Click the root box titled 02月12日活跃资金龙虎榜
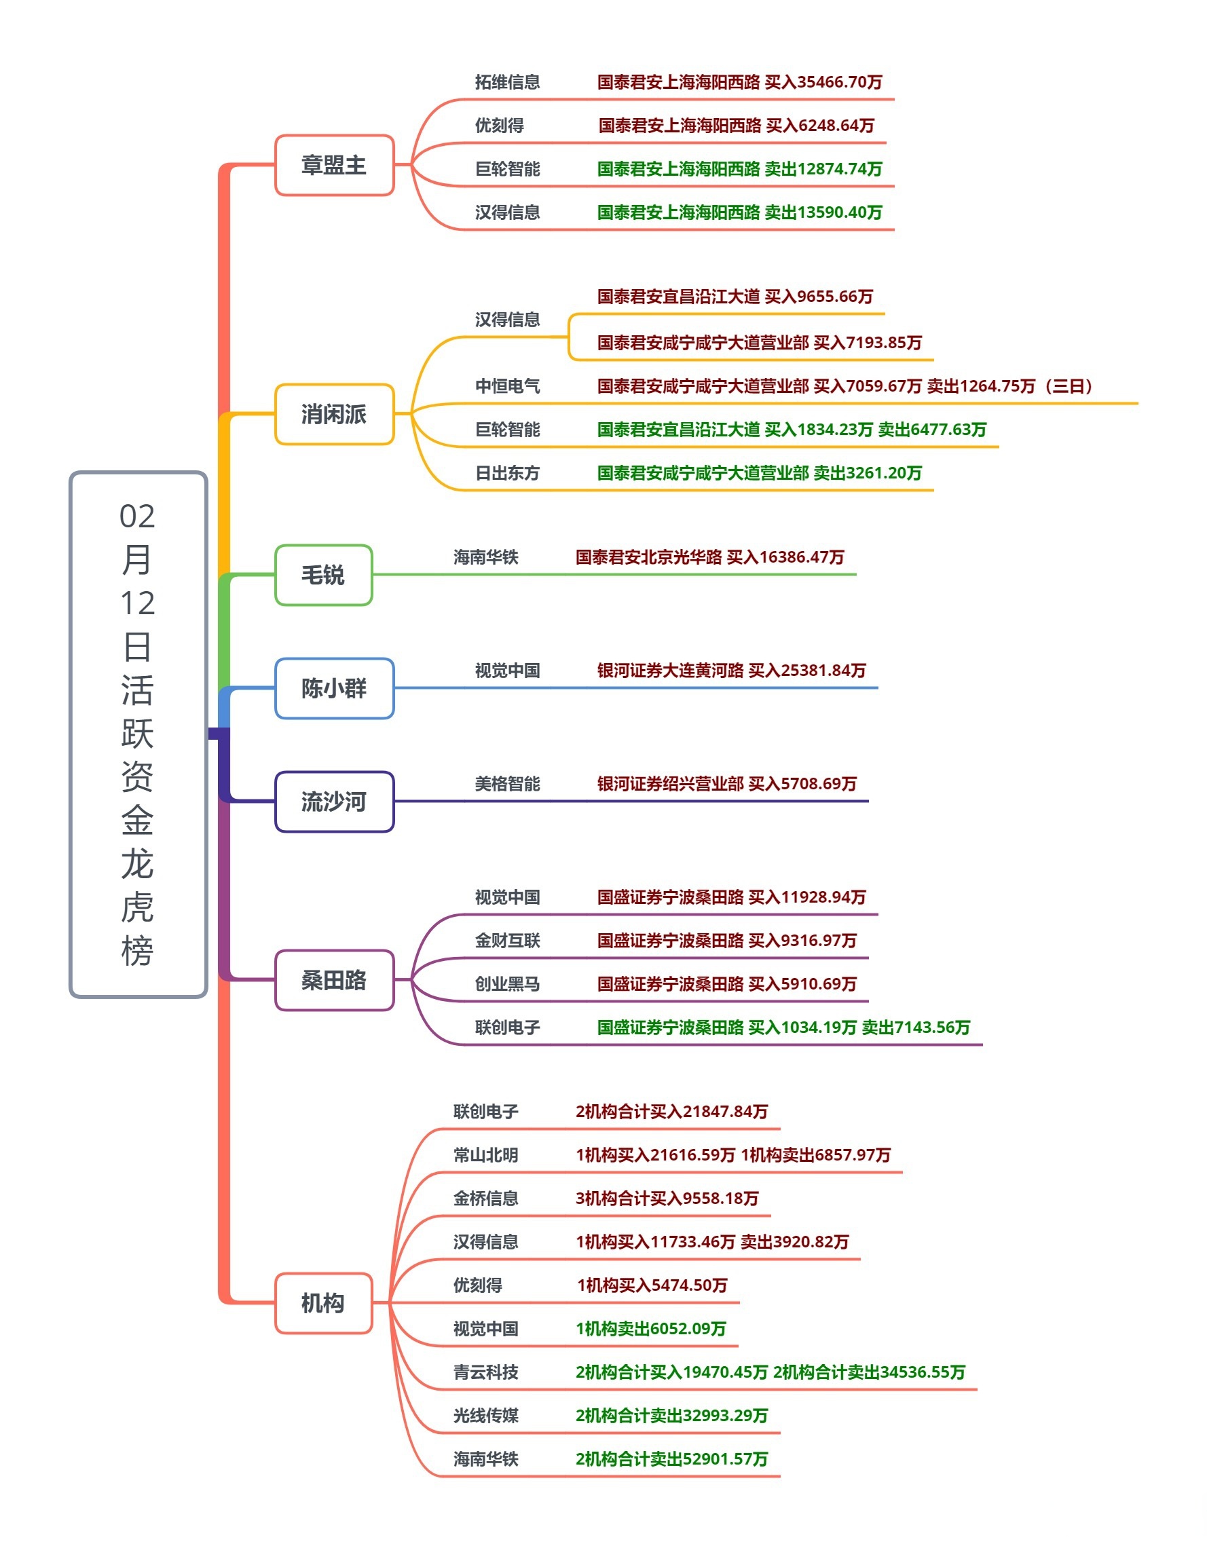pos(138,734)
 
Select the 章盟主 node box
pos(334,165)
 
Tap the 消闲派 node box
pos(334,414)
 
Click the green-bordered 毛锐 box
pos(324,575)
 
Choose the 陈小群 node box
pos(334,688)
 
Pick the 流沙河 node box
pos(334,802)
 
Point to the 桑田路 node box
pos(334,980)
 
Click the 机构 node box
pos(324,1302)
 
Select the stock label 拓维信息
pos(507,82)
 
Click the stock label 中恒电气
pos(507,385)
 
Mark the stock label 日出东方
pos(507,473)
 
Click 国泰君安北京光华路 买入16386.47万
pos(709,557)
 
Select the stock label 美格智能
pos(507,784)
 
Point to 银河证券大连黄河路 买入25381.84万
pos(731,671)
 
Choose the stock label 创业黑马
pos(507,984)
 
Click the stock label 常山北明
pos(485,1155)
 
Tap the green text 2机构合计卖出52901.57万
pos(671,1459)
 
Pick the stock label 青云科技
pos(485,1372)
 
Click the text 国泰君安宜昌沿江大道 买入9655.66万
pos(735,297)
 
